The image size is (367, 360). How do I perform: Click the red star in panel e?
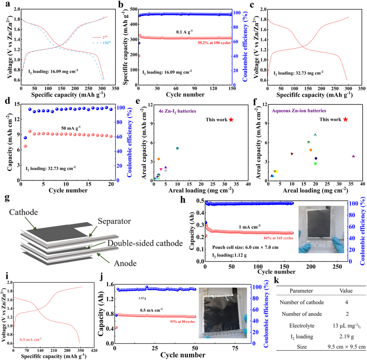pyautogui.click(x=231, y=120)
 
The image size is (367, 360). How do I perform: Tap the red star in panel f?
pyautogui.click(x=345, y=119)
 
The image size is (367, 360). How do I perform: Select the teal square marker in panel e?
pyautogui.click(x=177, y=148)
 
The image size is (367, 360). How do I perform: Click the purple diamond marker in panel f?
pyautogui.click(x=353, y=157)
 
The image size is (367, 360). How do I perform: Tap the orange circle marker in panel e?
pyautogui.click(x=158, y=159)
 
